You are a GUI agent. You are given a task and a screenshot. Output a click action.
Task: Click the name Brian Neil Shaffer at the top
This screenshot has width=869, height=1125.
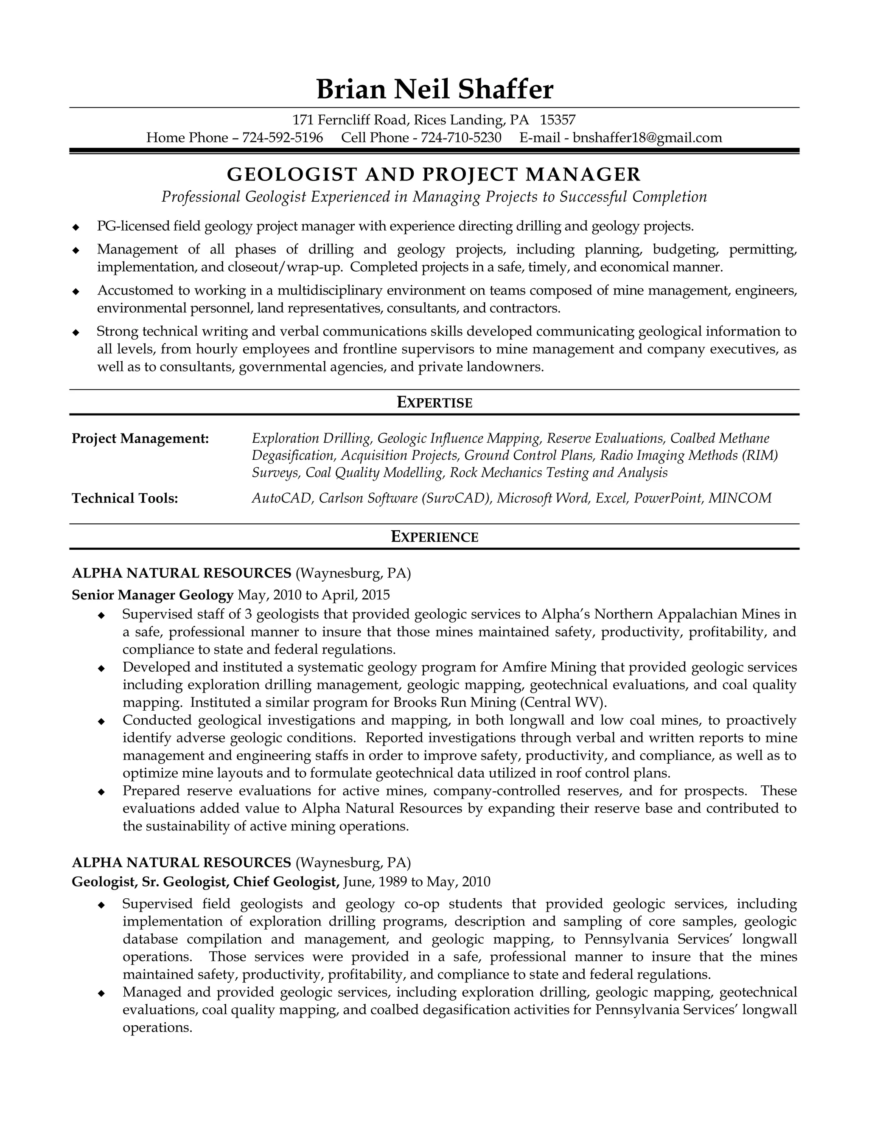tap(434, 89)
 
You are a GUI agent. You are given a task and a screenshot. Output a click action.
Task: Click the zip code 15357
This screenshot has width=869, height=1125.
tap(558, 120)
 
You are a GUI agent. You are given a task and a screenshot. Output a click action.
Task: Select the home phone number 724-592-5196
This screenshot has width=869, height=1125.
tap(283, 138)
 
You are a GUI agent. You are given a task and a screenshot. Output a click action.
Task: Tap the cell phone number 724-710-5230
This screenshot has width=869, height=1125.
tap(461, 138)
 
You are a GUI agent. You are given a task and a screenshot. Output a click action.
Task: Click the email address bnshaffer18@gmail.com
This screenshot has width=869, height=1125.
tap(647, 138)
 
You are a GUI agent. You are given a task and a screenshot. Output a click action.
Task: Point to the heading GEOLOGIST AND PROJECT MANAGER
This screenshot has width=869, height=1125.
tap(434, 174)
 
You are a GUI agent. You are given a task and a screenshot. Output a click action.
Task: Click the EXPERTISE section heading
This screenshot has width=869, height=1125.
tap(434, 402)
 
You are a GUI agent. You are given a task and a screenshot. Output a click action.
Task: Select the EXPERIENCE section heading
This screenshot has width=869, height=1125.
tap(434, 537)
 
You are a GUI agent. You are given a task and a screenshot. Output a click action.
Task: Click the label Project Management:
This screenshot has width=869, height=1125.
tap(140, 439)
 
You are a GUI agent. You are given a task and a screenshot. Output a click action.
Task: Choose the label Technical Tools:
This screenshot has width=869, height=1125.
tap(125, 498)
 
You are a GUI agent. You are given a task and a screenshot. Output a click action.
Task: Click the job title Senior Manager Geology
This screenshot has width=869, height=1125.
tap(152, 595)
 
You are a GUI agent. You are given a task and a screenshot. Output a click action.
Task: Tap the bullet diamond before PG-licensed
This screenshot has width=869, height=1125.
tap(76, 227)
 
